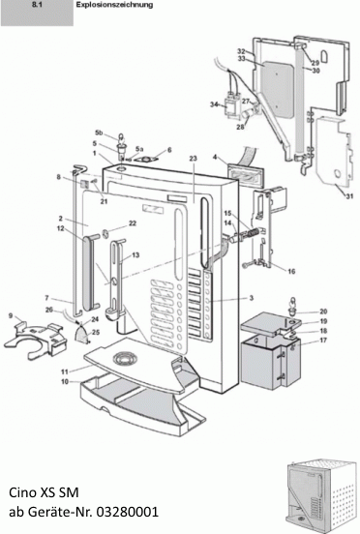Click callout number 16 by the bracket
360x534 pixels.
[x=291, y=272]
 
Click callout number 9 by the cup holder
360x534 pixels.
[x=11, y=316]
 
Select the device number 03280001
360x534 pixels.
[x=126, y=511]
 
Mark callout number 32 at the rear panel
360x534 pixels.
[x=240, y=50]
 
